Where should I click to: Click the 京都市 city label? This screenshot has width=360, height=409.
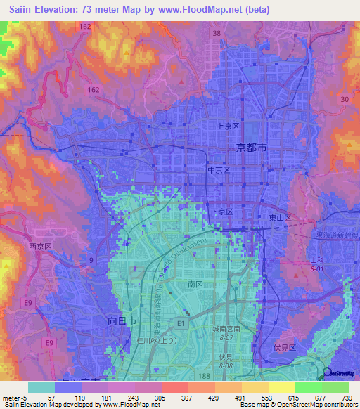(x=251, y=148)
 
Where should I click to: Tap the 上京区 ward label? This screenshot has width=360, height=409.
(x=229, y=126)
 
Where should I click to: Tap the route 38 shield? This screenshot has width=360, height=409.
(x=217, y=33)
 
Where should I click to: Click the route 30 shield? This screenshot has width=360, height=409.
(x=344, y=100)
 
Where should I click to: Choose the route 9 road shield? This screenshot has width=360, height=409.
(x=91, y=260)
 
